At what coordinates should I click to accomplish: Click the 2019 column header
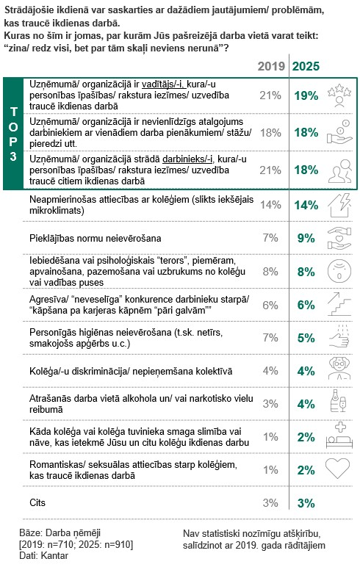coord(271,66)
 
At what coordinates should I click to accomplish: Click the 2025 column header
coord(306,66)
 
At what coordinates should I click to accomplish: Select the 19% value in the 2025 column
coord(306,95)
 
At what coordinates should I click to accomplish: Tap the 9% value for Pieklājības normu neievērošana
coord(306,238)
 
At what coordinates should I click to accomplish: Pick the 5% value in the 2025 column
coord(306,338)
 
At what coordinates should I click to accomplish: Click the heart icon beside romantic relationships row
coord(337,469)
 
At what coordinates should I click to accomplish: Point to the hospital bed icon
coord(339,436)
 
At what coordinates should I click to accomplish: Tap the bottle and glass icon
coord(339,401)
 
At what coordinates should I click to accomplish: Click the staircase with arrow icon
coord(339,304)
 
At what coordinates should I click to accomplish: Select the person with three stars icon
coord(339,95)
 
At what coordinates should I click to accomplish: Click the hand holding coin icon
coord(339,132)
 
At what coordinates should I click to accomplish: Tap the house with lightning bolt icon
coord(339,205)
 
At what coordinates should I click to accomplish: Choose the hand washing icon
coord(339,336)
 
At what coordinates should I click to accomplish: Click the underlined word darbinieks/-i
coord(188,159)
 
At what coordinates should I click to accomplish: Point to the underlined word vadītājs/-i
coord(164,84)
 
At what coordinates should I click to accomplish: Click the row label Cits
coord(37,502)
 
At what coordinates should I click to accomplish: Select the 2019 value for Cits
coord(270,503)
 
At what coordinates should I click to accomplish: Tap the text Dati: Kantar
coord(43,555)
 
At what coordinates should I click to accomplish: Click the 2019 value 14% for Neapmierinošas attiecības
coord(270,205)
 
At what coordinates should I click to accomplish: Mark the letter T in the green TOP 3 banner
coord(14,112)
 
